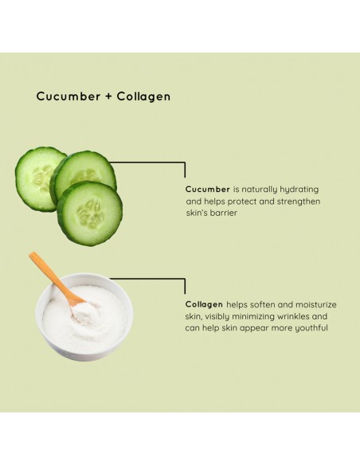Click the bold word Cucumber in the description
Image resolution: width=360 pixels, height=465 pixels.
(x=207, y=190)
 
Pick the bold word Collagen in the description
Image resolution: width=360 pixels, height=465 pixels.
(x=204, y=304)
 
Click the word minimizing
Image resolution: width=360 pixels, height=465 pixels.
(x=241, y=316)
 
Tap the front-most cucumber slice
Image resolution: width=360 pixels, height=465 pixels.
(x=90, y=213)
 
